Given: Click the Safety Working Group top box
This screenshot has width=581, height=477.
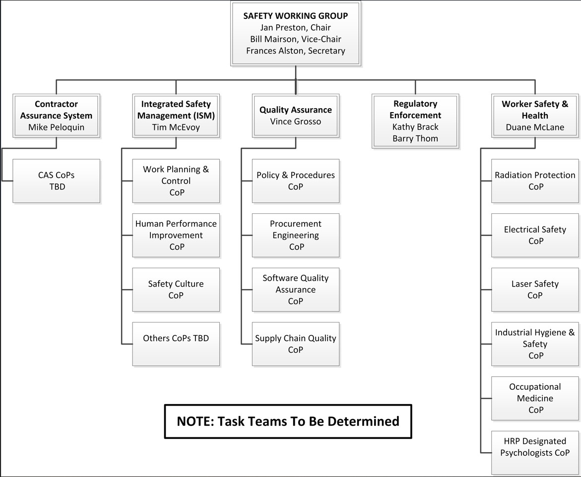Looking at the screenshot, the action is click(296, 34).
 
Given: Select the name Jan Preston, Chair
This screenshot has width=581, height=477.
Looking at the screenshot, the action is click(295, 27).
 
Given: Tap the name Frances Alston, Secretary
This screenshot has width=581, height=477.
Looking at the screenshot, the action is click(296, 51).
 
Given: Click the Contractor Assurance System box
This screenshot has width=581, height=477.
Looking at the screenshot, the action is click(57, 116).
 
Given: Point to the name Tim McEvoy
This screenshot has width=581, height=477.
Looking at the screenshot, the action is click(176, 127).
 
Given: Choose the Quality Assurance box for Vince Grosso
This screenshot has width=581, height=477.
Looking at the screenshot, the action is click(296, 116).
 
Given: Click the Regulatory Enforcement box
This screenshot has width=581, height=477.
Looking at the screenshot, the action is click(415, 121).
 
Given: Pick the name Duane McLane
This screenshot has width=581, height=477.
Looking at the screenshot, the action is click(535, 127).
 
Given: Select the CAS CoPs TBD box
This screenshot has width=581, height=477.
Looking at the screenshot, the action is click(57, 181).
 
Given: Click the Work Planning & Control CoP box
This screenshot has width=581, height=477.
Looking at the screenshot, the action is click(176, 181).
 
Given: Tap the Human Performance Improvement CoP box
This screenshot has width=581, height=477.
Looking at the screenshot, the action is click(176, 235).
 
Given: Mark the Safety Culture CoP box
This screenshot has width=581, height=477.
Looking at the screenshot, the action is click(176, 290).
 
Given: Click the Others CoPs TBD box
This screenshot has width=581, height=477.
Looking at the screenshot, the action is click(176, 344).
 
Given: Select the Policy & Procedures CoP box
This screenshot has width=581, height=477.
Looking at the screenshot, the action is click(296, 181).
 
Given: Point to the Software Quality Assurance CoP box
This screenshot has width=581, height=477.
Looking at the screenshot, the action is click(296, 290).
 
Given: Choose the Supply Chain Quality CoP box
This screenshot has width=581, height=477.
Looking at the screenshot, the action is click(296, 344).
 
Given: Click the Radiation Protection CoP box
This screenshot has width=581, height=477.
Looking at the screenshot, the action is click(535, 181).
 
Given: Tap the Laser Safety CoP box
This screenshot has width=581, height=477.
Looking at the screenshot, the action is click(535, 290).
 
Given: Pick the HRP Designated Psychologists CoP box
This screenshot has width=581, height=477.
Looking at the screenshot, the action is click(535, 453).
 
